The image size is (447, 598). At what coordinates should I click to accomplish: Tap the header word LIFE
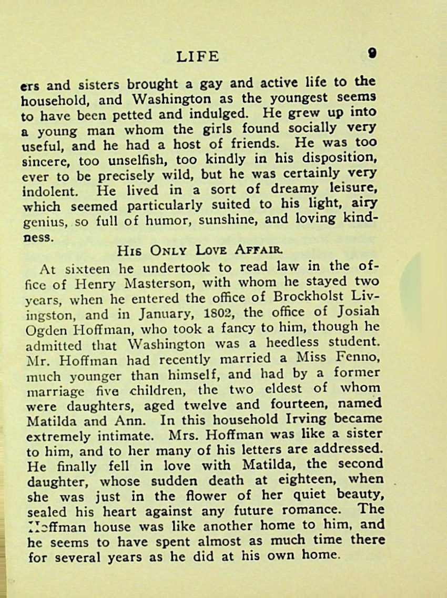click(198, 56)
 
